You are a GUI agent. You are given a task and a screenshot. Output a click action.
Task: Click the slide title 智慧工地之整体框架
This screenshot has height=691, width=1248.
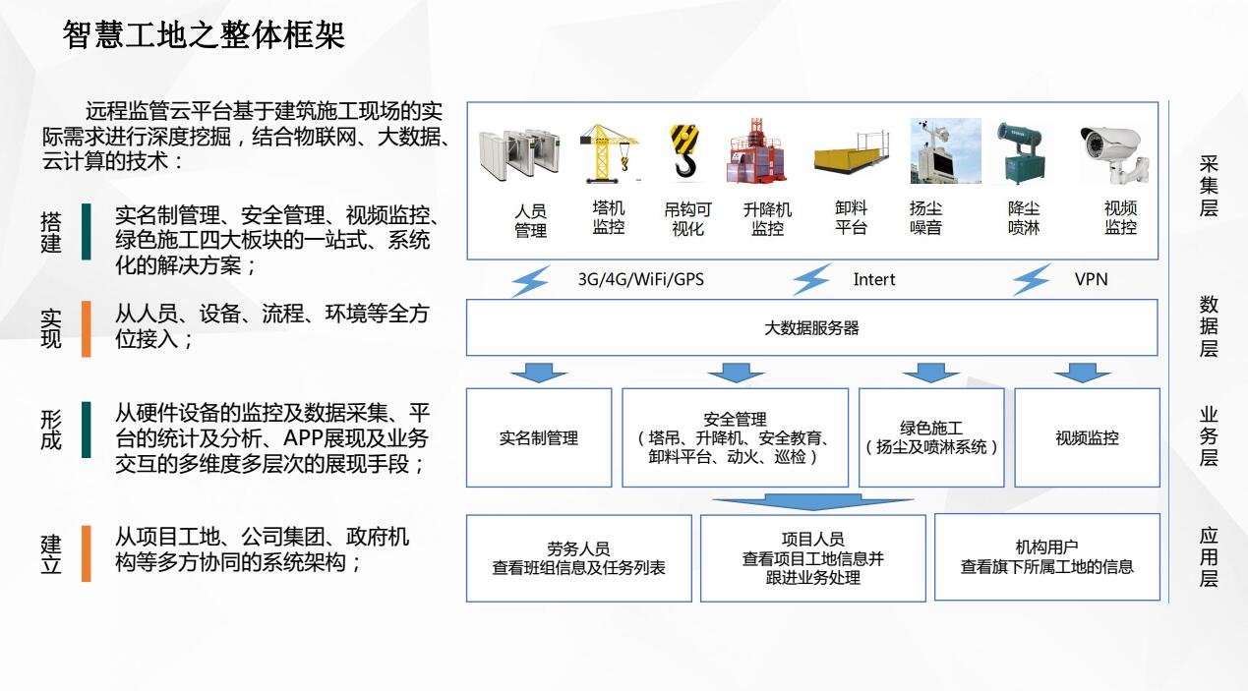click(204, 35)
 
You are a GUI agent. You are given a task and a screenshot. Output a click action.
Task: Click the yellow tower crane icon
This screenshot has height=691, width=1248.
click(609, 152)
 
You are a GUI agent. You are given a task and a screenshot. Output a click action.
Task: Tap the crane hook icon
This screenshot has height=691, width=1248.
click(685, 152)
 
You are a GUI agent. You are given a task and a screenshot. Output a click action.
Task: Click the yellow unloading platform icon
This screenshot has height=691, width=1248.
click(851, 154)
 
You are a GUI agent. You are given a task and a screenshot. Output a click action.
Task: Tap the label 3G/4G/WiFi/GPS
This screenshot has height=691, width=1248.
click(640, 279)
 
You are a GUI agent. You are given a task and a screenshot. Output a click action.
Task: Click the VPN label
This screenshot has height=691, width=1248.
click(1091, 279)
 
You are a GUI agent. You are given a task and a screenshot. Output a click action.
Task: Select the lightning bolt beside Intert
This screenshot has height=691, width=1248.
click(812, 279)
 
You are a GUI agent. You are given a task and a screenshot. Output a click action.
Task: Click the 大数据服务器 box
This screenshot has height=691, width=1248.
click(811, 327)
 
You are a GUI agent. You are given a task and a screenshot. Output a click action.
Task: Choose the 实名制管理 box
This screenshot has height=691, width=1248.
click(538, 438)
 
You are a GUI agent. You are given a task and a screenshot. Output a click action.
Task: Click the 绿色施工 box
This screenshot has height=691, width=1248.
click(931, 438)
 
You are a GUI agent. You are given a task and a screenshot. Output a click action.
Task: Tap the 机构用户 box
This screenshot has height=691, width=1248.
click(1046, 557)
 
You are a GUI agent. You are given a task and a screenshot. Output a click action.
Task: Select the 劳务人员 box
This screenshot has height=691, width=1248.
click(578, 557)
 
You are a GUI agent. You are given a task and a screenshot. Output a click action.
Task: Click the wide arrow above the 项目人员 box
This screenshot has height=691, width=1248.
click(812, 502)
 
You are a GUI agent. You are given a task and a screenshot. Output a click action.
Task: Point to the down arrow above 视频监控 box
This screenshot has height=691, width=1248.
click(1082, 373)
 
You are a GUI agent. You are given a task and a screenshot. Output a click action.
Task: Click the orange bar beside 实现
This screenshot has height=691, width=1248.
click(87, 328)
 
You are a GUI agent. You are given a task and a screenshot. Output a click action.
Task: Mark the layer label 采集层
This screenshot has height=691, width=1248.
click(1209, 186)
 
